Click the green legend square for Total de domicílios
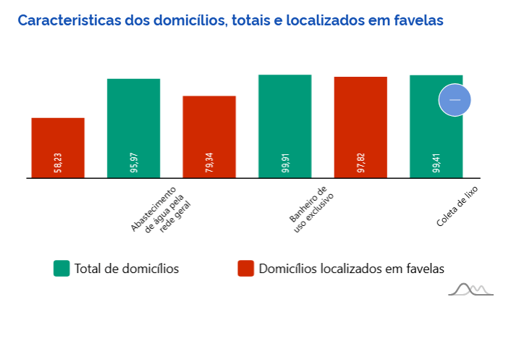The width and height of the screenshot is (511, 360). pyautogui.click(x=62, y=269)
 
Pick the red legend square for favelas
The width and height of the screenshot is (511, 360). pyautogui.click(x=246, y=269)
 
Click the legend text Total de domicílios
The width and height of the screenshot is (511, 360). pyautogui.click(x=127, y=269)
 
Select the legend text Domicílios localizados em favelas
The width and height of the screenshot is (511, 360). pyautogui.click(x=351, y=269)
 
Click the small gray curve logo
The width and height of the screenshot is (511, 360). pyautogui.click(x=470, y=290)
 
